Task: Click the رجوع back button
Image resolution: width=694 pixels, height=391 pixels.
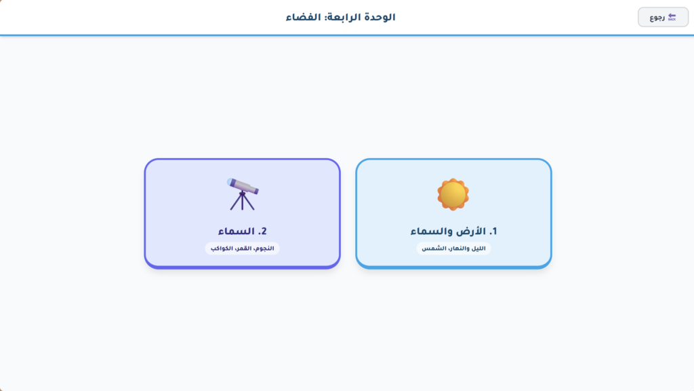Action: pos(663,18)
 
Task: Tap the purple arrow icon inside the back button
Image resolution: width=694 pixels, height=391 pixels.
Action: pos(672,17)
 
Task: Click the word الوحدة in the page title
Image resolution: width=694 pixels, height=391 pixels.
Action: pos(380,17)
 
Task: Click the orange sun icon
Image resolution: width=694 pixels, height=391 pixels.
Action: pos(453,194)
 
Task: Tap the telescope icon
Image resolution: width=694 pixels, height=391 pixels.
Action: pos(242,193)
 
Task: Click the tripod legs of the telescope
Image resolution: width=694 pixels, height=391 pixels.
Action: pos(242,202)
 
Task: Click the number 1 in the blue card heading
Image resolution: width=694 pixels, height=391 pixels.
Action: pos(493,231)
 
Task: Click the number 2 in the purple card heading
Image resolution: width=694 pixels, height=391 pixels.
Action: pos(262,231)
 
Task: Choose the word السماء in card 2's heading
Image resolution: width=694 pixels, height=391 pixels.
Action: pos(233,231)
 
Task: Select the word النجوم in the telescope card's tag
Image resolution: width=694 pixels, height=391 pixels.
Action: pos(264,248)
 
